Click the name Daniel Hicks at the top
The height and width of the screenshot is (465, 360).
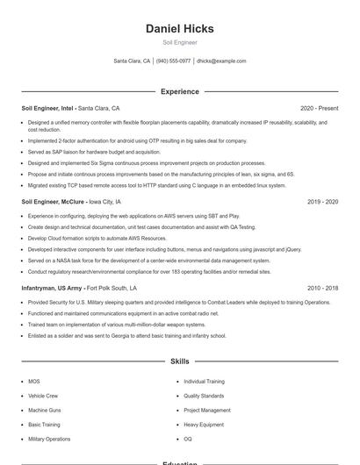180,29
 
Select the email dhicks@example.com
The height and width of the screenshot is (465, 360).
221,61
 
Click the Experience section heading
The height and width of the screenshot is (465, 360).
180,91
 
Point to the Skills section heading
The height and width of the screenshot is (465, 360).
180,361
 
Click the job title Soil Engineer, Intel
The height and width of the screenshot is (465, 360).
48,108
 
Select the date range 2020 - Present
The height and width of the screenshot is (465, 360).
319,108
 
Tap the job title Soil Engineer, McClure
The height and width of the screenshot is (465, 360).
54,201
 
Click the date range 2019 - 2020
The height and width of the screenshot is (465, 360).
322,201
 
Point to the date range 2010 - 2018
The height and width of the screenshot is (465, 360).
322,288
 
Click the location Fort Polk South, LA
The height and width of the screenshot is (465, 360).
112,288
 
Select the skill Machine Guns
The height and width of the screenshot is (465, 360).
45,410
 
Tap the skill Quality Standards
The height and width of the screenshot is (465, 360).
204,396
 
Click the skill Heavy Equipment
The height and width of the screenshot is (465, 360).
204,424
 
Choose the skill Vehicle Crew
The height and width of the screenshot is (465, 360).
43,396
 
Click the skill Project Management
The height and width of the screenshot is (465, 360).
207,410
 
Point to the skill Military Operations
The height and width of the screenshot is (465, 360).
49,438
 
